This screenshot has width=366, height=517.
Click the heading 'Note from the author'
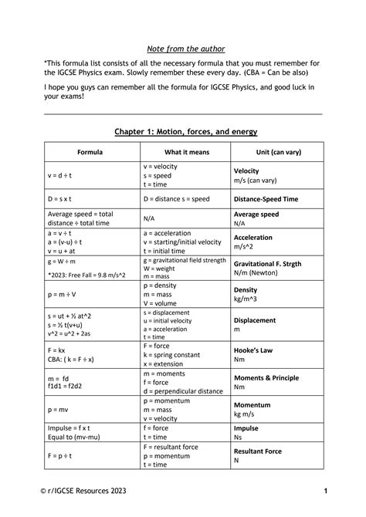pyautogui.click(x=183, y=49)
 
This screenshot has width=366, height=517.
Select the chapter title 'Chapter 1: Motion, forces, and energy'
pyautogui.click(x=183, y=132)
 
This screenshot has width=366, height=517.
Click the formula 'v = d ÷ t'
pyautogui.click(x=63, y=175)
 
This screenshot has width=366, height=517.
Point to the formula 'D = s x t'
pyautogui.click(x=63, y=198)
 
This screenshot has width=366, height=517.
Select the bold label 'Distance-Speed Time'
pyautogui.click(x=266, y=198)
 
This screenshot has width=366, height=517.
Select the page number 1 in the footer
pyautogui.click(x=326, y=491)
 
